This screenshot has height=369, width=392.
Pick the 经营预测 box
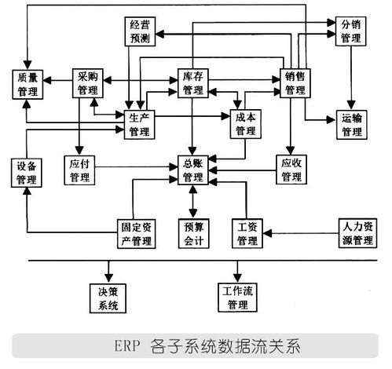140,31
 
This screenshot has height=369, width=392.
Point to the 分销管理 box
351,31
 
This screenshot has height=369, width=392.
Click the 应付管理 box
80,171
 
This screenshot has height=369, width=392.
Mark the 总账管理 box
193,171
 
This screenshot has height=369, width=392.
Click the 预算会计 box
193,233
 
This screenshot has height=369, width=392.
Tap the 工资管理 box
247,233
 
